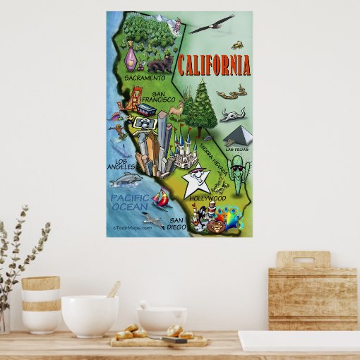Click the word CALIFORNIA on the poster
click(x=213, y=66)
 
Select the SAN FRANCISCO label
click(x=163, y=96)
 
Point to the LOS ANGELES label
click(x=121, y=164)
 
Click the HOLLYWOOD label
click(x=208, y=198)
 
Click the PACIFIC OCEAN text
click(x=130, y=202)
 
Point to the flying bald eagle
click(x=211, y=25)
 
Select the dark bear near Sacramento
click(x=162, y=65)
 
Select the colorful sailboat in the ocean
click(x=161, y=200)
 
